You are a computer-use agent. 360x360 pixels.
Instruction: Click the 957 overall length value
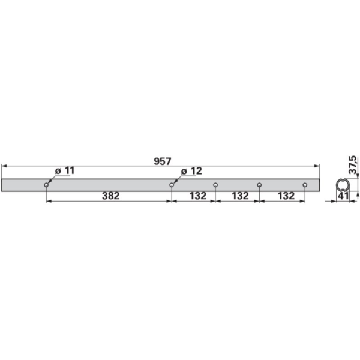coord(163,161)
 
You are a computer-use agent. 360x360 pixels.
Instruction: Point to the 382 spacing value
coord(110,196)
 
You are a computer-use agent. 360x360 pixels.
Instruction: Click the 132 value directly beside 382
coord(197,196)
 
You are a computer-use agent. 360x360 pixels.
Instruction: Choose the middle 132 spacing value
coord(240,196)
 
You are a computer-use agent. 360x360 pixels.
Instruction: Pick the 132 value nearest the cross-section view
coord(286,196)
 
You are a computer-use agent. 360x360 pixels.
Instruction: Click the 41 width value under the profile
coord(344,196)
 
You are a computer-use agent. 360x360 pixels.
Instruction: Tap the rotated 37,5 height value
coord(353,164)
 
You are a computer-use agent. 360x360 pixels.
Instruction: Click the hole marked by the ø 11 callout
coord(46,185)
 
